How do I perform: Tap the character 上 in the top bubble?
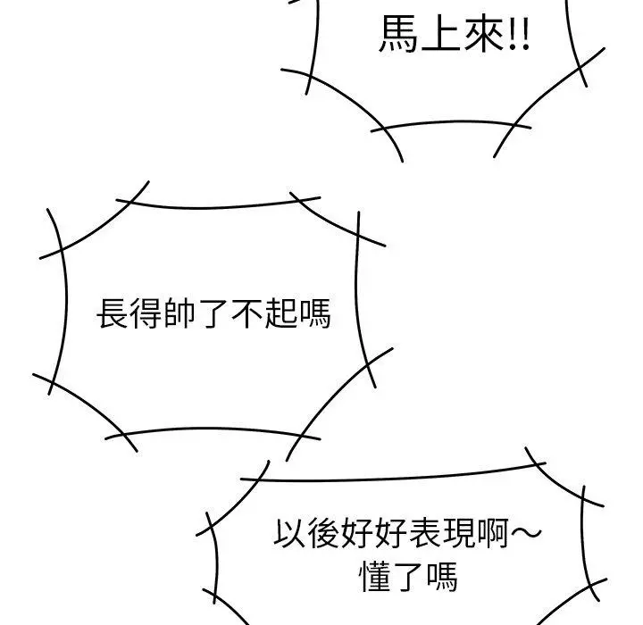pyautogui.click(x=442, y=34)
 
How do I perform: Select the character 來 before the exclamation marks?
pyautogui.click(x=484, y=34)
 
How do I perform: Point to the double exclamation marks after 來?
pyautogui.click(x=519, y=34)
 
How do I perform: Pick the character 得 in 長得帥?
pyautogui.click(x=146, y=312)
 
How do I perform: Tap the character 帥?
pyautogui.click(x=180, y=312)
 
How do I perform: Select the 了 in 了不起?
pyautogui.click(x=213, y=313)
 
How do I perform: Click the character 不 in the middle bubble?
pyautogui.click(x=246, y=313)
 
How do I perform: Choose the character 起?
pyautogui.click(x=281, y=312)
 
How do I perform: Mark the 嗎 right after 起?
pyautogui.click(x=314, y=312)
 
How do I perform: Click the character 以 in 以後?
pyautogui.click(x=289, y=533)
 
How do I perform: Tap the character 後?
pyautogui.click(x=323, y=533)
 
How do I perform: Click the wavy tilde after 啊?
pyautogui.click(x=526, y=532)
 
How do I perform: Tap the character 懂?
pyautogui.click(x=375, y=576)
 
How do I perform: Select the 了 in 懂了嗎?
pyautogui.click(x=408, y=577)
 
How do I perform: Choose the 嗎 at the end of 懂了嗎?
pyautogui.click(x=442, y=576)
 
